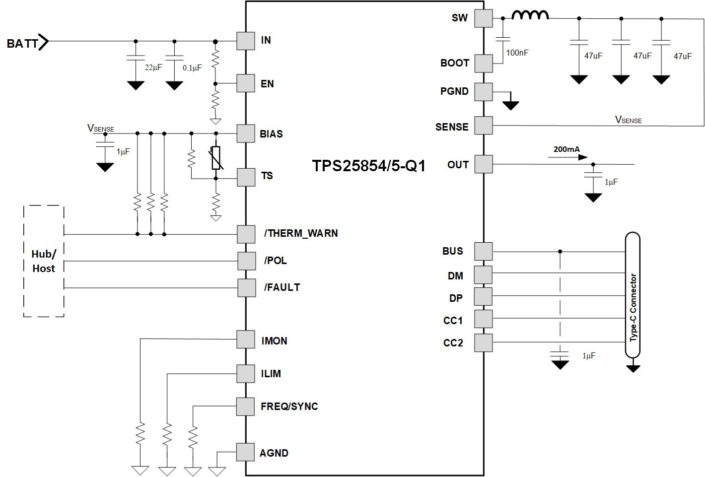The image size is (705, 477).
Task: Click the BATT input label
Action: coord(22,43)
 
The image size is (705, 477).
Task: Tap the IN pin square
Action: coord(246,41)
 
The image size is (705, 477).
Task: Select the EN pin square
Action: coord(246,83)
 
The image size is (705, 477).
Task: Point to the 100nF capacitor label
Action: coord(517,53)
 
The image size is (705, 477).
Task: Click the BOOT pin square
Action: coord(484,63)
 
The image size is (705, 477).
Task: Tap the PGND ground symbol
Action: coord(510,105)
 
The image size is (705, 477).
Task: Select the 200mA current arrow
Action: coord(568,157)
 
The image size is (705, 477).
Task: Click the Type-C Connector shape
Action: coord(633,295)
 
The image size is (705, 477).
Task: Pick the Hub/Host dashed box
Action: coord(44,261)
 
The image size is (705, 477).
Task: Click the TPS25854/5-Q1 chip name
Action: coord(368,166)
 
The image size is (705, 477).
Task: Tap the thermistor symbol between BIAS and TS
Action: coord(216,158)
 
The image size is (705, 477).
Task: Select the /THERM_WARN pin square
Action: coord(246,234)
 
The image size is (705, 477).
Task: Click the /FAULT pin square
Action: coord(247,287)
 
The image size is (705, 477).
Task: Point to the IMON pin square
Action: coord(246,340)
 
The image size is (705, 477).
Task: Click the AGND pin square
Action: coord(246,452)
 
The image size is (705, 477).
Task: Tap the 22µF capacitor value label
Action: coord(153,68)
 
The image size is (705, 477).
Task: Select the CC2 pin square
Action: coord(484,342)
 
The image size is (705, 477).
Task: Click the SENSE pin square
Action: coord(484,126)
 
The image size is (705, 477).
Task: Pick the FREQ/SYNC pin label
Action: coord(289,407)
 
